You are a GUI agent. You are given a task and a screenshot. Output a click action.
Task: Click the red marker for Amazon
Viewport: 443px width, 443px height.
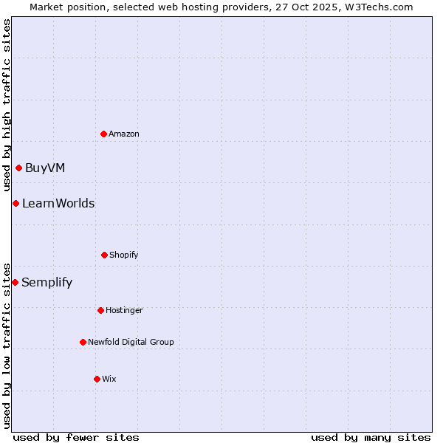point(103,134)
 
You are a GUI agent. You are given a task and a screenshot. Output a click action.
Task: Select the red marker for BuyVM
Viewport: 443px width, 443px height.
point(18,168)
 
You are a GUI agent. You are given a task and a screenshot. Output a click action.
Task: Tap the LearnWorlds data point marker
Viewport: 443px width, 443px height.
point(16,203)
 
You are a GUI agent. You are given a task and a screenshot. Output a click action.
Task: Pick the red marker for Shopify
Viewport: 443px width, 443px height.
point(104,255)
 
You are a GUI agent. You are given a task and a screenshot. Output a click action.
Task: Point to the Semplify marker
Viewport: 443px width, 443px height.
point(15,282)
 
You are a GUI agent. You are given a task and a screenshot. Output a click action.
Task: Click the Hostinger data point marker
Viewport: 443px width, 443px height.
point(100,310)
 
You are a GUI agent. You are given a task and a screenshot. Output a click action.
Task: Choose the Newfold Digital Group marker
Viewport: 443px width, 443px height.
point(83,342)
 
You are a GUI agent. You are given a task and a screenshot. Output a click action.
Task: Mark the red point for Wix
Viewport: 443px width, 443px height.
point(97,379)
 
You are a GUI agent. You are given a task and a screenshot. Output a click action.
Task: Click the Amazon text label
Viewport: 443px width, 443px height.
point(124,134)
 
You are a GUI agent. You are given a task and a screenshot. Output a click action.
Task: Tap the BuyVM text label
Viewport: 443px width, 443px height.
point(45,168)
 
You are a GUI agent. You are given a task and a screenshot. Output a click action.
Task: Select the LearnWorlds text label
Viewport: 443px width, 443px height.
point(58,203)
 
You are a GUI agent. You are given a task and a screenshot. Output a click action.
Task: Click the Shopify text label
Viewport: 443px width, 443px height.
point(124,255)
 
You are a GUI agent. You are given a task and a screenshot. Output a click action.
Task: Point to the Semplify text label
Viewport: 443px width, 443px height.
point(47,282)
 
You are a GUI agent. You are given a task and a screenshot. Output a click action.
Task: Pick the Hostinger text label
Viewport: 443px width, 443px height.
point(124,310)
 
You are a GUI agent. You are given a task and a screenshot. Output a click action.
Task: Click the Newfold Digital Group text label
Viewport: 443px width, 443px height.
point(131,342)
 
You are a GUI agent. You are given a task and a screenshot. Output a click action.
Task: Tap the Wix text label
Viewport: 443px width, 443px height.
point(109,379)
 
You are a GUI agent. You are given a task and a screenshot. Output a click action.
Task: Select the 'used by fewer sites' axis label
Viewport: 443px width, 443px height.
point(76,437)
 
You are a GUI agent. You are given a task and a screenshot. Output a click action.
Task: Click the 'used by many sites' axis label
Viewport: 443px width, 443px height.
point(371,437)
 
